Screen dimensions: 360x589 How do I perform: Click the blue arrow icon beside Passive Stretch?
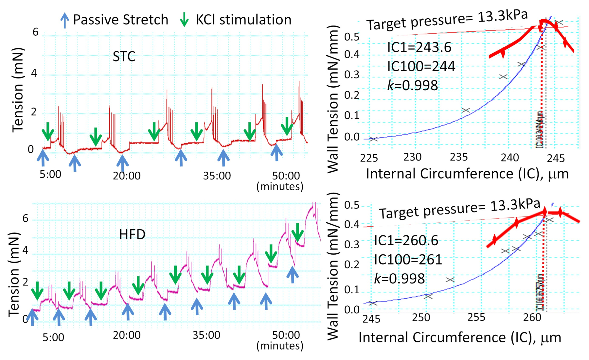[x=64, y=20]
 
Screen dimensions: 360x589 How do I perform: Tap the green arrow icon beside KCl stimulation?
[x=185, y=20]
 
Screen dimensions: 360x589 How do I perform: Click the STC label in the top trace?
[x=124, y=57]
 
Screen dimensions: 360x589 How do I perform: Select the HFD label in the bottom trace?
[x=132, y=234]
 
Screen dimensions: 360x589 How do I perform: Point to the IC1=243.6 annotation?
[x=419, y=48]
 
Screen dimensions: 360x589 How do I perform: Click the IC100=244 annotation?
[x=421, y=67]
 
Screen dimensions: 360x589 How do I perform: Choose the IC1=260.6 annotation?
[x=406, y=241]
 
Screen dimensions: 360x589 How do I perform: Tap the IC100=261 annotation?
[x=408, y=260]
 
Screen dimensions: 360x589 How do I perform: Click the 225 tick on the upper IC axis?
[x=369, y=158]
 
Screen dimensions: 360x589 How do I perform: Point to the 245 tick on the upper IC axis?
[x=556, y=159]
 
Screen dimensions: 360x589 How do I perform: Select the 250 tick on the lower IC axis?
[x=421, y=317]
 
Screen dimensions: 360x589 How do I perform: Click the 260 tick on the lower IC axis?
[x=532, y=317]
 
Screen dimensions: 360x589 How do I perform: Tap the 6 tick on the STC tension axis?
[x=35, y=32]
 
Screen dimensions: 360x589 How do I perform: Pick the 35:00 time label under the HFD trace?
[x=206, y=335]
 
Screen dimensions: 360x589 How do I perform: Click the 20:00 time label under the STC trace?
[x=127, y=176]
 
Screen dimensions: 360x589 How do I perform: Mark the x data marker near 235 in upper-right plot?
[x=466, y=110]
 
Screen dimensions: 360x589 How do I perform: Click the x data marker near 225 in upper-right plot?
[x=373, y=139]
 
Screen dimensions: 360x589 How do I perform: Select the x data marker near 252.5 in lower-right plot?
[x=450, y=280]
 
